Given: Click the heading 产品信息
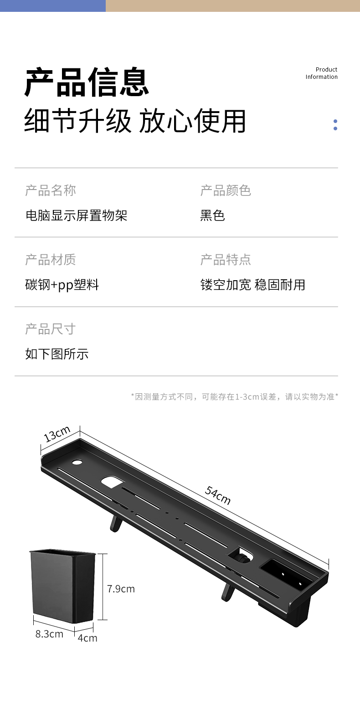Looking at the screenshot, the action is tap(87, 82).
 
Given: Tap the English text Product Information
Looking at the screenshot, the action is tap(322, 73).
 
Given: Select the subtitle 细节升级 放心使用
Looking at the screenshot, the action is tap(135, 121).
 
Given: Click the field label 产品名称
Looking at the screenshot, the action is tap(51, 190).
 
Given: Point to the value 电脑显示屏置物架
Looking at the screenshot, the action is tap(76, 216).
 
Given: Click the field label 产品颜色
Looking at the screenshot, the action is tap(226, 190).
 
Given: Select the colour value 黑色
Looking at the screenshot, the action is tap(212, 216).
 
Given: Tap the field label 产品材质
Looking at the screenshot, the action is tap(51, 260).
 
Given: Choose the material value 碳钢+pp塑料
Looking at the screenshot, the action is tap(62, 285).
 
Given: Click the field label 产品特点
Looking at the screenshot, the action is tap(226, 260).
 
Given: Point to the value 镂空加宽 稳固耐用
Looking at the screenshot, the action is tap(252, 285).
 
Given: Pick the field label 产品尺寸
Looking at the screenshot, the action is tap(51, 329).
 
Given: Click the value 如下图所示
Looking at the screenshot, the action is tap(57, 354).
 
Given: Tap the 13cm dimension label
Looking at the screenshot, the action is tap(57, 434).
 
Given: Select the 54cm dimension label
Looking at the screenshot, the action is tap(218, 495).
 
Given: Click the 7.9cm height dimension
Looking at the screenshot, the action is tap(121, 589).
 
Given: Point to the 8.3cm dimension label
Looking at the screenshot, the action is tap(49, 634).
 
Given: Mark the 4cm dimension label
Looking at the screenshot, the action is tap(87, 638).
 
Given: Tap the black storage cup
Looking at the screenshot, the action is tap(62, 586).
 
